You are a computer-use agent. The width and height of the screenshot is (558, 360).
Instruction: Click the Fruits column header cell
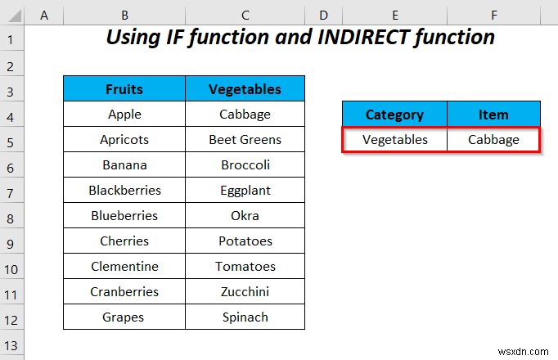(x=124, y=89)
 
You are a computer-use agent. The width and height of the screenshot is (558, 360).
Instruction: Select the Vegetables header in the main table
(x=245, y=89)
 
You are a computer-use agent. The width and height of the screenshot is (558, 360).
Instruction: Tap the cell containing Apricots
(x=124, y=139)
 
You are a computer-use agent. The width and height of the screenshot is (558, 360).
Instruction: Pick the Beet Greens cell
(x=245, y=139)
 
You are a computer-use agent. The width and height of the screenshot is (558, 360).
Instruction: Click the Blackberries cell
(x=124, y=190)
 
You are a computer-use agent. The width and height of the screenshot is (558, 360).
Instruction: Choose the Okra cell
(x=245, y=215)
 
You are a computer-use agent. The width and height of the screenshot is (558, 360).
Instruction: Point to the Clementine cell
(x=124, y=266)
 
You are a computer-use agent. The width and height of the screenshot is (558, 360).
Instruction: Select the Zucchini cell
(x=245, y=291)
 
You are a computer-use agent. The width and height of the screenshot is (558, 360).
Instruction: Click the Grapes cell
(x=124, y=317)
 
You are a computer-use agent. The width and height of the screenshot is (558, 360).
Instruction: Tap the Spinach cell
(x=245, y=317)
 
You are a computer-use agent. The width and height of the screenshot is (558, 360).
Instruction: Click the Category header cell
(x=394, y=115)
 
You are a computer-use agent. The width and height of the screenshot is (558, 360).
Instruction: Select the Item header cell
(x=493, y=115)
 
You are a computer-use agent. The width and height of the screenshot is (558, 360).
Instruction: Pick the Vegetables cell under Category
(x=394, y=139)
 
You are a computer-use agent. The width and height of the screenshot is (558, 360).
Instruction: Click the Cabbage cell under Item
(x=493, y=139)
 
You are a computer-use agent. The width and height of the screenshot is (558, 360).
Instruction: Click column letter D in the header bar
(x=323, y=16)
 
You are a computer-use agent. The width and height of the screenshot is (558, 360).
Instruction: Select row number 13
(x=11, y=344)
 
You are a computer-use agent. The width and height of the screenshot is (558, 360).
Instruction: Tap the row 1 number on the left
(x=11, y=38)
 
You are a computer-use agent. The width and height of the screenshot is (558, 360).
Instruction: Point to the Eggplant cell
(x=245, y=190)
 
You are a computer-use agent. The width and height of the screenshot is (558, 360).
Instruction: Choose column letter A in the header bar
(x=43, y=16)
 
